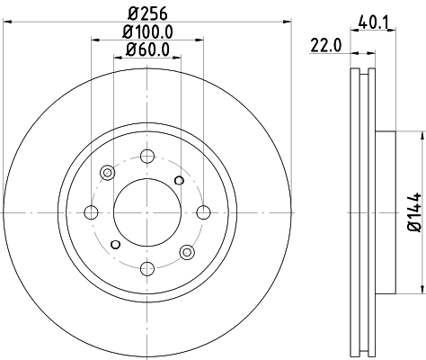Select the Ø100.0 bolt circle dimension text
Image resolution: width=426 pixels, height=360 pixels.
[148, 32]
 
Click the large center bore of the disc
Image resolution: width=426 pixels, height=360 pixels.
[147, 212]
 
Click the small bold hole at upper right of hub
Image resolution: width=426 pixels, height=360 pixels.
[179, 181]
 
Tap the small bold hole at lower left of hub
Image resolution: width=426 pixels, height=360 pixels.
[115, 244]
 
